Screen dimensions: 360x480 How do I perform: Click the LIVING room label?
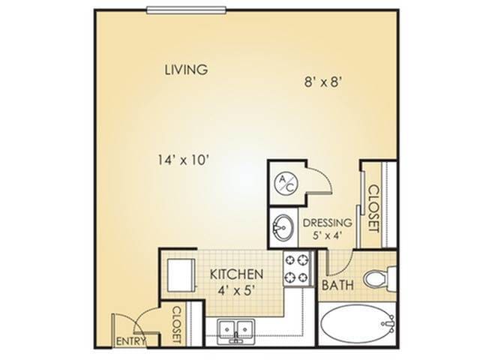[186, 70]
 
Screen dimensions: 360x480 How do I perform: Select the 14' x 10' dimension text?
[183, 159]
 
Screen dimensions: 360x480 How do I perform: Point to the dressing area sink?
[283, 225]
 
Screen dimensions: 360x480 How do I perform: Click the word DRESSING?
[327, 223]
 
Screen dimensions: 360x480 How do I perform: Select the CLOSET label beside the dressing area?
[371, 208]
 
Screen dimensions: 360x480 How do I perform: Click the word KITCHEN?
[235, 274]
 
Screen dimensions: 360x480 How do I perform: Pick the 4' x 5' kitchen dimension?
[234, 290]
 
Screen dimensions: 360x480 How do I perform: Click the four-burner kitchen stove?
[295, 269]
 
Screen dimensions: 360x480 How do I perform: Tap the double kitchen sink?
[236, 329]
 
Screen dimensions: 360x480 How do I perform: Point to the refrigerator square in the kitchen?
[181, 273]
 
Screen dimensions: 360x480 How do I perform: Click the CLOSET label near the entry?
[178, 325]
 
